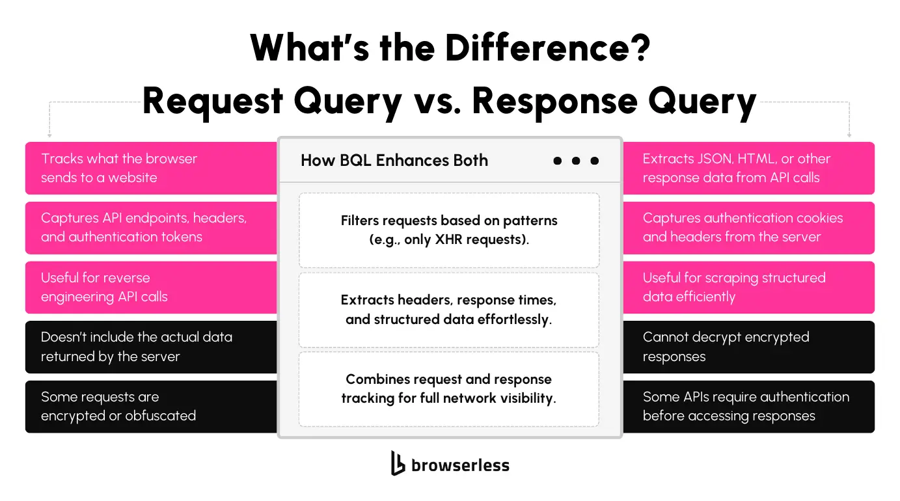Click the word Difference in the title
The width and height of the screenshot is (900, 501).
(x=548, y=47)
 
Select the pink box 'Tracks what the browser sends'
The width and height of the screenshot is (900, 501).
(x=151, y=168)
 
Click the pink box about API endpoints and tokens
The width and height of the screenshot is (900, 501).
(x=151, y=228)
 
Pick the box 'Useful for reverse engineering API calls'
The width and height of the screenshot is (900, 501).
(x=151, y=287)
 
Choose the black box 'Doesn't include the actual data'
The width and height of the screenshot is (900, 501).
(x=151, y=347)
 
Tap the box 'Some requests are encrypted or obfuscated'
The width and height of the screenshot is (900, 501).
(x=151, y=407)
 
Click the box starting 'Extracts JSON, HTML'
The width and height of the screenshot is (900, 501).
(x=749, y=168)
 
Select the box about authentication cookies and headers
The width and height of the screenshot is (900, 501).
(x=749, y=228)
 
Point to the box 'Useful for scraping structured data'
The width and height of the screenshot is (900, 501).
(x=749, y=287)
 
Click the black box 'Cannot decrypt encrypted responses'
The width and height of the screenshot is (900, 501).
(x=749, y=347)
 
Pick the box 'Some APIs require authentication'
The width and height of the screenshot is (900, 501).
(x=749, y=407)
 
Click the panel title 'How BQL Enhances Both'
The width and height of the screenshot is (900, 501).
(x=394, y=160)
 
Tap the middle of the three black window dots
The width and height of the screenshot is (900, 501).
(x=576, y=161)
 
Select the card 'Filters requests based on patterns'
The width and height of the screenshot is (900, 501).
(x=449, y=230)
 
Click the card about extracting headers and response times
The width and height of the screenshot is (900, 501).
(x=449, y=310)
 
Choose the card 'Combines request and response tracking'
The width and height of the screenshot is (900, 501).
(x=449, y=389)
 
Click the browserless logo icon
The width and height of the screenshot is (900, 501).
(x=398, y=463)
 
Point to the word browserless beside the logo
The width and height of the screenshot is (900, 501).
(x=461, y=465)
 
